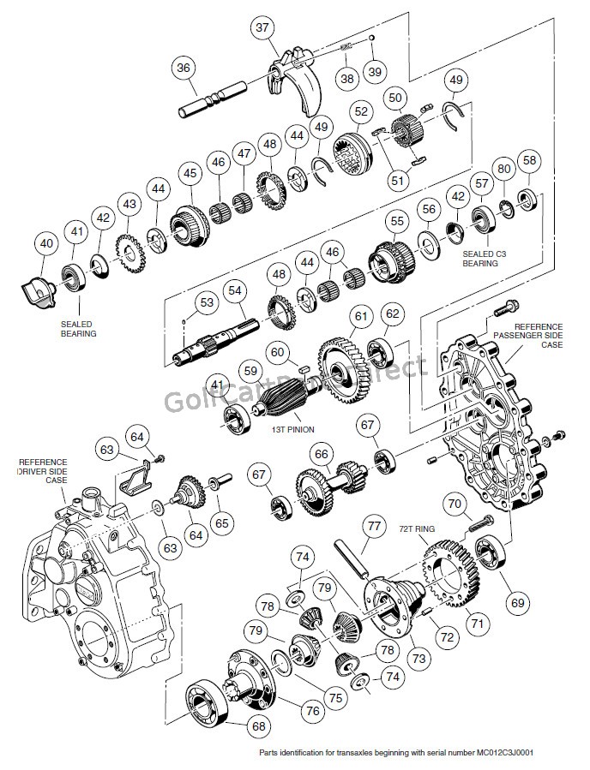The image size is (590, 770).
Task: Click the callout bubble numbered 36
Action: pyautogui.click(x=183, y=68)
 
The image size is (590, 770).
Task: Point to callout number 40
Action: pyautogui.click(x=46, y=244)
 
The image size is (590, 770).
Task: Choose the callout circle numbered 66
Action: pyautogui.click(x=321, y=454)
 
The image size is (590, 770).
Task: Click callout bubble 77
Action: pyautogui.click(x=373, y=525)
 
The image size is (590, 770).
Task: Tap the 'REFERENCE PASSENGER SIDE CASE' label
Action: pyautogui.click(x=539, y=336)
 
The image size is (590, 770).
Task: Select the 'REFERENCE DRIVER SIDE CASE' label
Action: pyautogui.click(x=42, y=470)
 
